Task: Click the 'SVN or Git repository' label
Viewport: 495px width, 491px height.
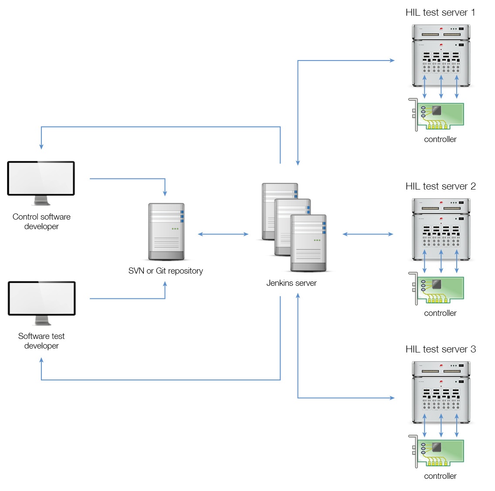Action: (166, 271)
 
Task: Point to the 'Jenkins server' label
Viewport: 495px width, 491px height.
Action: (292, 283)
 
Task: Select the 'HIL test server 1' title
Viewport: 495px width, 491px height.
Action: (440, 13)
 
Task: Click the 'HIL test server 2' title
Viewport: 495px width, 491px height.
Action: (440, 186)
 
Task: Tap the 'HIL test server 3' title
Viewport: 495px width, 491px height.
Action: (440, 349)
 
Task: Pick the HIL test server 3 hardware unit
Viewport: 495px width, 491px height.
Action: (441, 393)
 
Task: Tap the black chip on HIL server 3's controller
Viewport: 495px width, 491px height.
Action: (436, 447)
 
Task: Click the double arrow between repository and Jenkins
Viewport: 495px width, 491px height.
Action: (223, 234)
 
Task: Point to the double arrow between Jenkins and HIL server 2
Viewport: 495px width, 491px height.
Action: (368, 234)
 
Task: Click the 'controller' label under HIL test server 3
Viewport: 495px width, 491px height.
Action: (440, 476)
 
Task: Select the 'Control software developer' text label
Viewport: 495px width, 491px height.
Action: (41, 222)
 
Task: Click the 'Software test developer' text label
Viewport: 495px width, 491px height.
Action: (41, 341)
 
